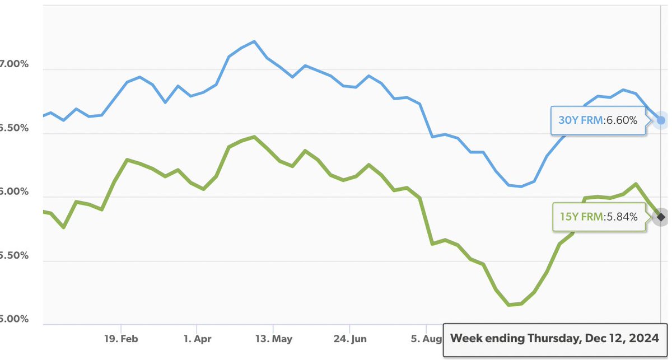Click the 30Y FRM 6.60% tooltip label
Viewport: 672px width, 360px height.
click(598, 120)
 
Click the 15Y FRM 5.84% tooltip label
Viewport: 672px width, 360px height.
click(598, 217)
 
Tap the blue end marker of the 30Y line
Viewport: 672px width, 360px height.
click(661, 120)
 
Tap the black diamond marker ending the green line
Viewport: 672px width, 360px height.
click(661, 217)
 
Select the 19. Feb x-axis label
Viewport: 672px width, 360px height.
click(121, 339)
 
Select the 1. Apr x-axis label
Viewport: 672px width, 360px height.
click(197, 339)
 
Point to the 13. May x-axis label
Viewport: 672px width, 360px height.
click(273, 339)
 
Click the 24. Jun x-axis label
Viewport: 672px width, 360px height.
click(349, 339)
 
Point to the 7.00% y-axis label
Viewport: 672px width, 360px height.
click(14, 64)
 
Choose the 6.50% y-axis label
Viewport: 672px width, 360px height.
click(14, 128)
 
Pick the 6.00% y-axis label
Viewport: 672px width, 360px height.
click(14, 191)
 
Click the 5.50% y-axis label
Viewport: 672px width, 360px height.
click(14, 255)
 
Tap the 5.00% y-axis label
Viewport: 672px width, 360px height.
click(14, 319)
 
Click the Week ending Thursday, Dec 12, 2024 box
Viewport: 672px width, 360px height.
click(554, 339)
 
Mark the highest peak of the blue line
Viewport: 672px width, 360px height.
click(255, 41)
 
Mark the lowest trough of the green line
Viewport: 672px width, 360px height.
click(508, 305)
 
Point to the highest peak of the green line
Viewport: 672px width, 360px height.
click(255, 137)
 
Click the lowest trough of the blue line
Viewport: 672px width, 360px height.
click(521, 186)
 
